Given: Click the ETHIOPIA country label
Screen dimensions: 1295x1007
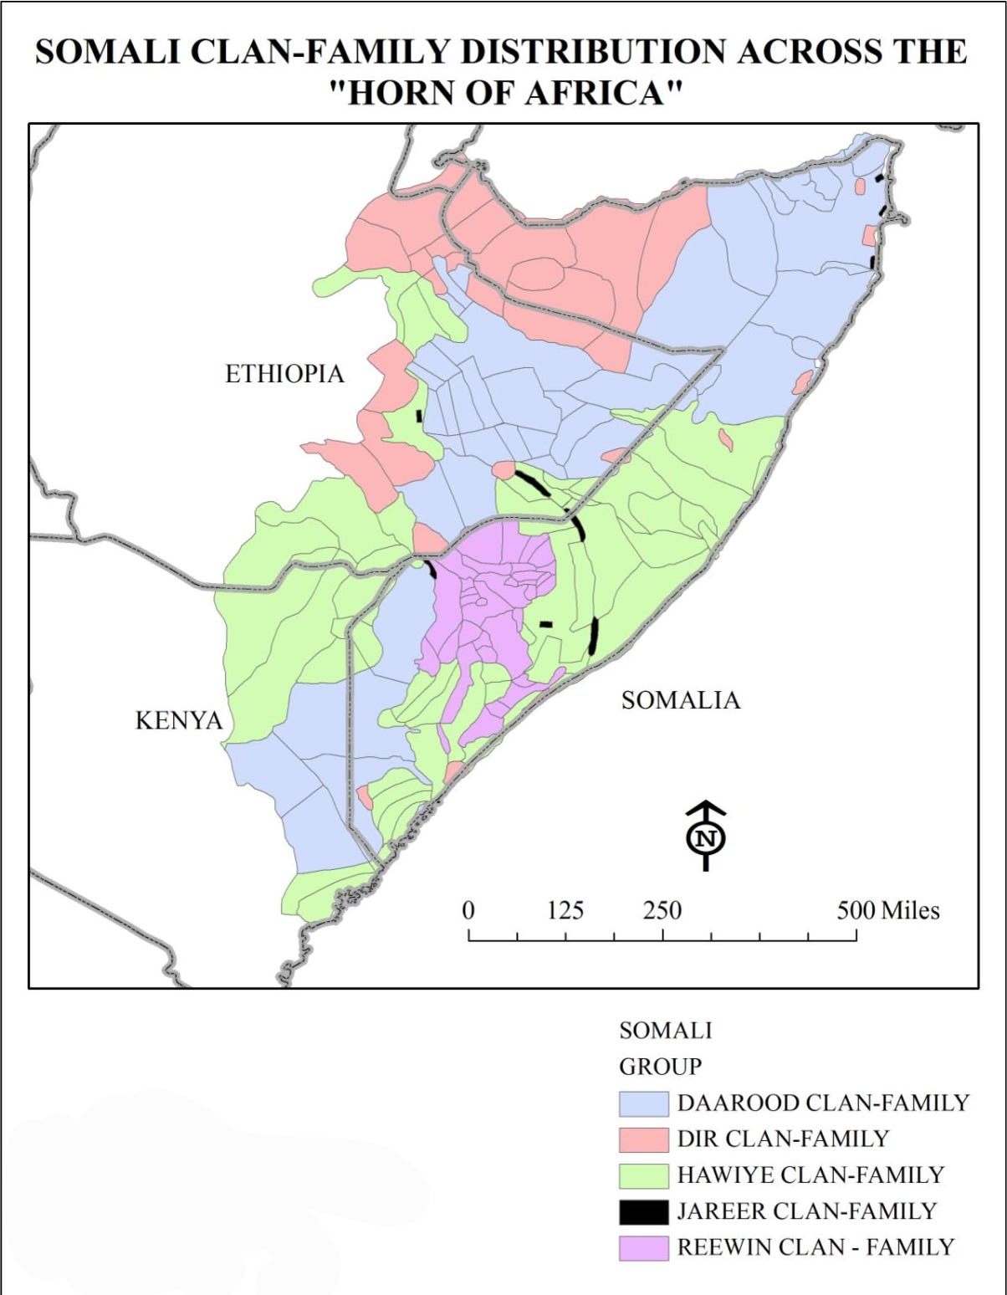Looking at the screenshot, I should click(284, 374).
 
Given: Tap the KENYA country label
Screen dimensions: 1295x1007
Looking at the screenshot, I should click(179, 720).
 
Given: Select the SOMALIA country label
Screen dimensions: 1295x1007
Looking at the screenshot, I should click(680, 700).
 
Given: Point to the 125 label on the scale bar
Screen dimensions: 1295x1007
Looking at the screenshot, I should click(565, 910).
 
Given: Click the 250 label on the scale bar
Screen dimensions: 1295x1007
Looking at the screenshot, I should click(662, 910).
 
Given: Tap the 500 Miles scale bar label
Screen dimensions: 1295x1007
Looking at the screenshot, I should click(887, 910).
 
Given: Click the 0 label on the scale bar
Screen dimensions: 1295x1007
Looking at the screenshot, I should click(468, 910).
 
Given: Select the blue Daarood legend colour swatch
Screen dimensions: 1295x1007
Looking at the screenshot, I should click(643, 1103).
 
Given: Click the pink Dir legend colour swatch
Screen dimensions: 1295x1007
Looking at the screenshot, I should click(643, 1139).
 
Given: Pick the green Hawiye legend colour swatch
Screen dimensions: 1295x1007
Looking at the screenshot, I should click(643, 1175).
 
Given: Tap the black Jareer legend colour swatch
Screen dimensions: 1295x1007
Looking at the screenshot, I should click(643, 1211).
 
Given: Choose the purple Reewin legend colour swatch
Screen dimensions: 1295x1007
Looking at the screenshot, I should click(643, 1247).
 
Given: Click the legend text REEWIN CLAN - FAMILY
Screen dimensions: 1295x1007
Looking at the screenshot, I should click(815, 1247).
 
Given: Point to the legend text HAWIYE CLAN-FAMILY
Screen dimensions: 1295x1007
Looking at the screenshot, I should click(810, 1175).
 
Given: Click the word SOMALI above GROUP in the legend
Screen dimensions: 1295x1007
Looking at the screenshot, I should click(665, 1031).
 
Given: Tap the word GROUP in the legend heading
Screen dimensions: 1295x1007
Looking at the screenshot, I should click(660, 1067).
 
